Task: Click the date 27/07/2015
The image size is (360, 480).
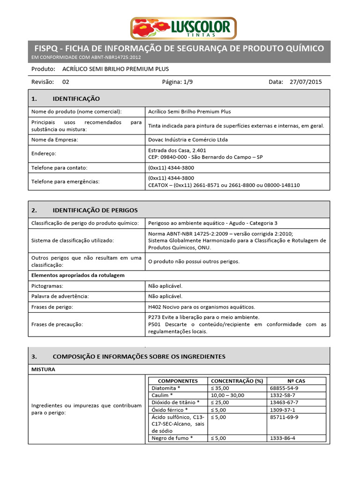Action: click(306, 82)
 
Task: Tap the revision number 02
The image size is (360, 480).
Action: click(66, 82)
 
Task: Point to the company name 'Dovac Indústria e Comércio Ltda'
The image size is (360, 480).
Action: click(188, 140)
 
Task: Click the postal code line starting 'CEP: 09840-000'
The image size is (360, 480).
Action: click(205, 157)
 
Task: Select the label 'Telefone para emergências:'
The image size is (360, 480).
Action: click(66, 181)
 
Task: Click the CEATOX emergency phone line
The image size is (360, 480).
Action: click(224, 185)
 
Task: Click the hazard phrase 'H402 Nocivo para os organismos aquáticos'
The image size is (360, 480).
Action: click(202, 307)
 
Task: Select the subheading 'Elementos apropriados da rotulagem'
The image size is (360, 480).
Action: click(78, 275)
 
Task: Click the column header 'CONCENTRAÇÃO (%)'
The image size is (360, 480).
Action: click(237, 381)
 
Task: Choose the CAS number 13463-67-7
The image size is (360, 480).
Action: click(284, 402)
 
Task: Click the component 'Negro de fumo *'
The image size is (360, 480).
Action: click(172, 438)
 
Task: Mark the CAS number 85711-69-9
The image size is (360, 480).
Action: click(284, 417)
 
